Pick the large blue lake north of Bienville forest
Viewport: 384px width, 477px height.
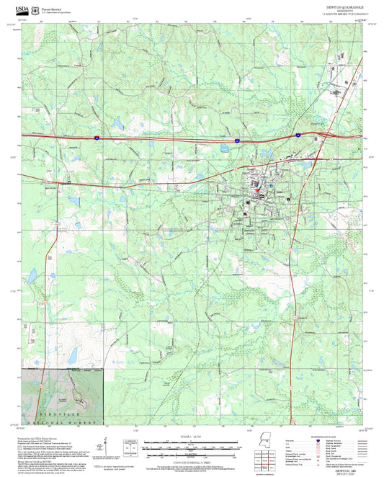(x=72, y=354)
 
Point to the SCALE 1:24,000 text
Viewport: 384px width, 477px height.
(x=192, y=437)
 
